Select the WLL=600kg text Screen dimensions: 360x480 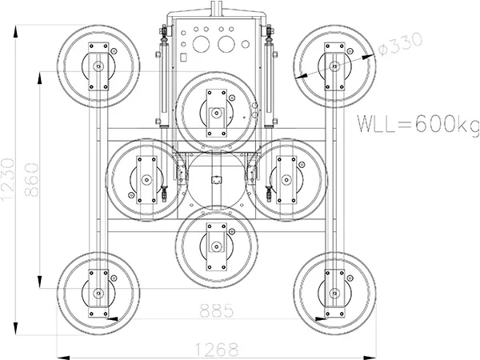click(x=417, y=124)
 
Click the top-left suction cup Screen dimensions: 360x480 click(x=98, y=66)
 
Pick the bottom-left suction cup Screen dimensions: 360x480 click(x=98, y=293)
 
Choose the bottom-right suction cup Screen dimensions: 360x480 click(x=334, y=293)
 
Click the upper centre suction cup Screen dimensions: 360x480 click(x=216, y=112)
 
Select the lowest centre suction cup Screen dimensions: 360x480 click(x=216, y=246)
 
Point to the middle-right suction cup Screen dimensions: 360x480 click(x=286, y=179)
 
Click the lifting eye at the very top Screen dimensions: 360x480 click(x=214, y=8)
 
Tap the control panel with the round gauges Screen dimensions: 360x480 click(x=214, y=40)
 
